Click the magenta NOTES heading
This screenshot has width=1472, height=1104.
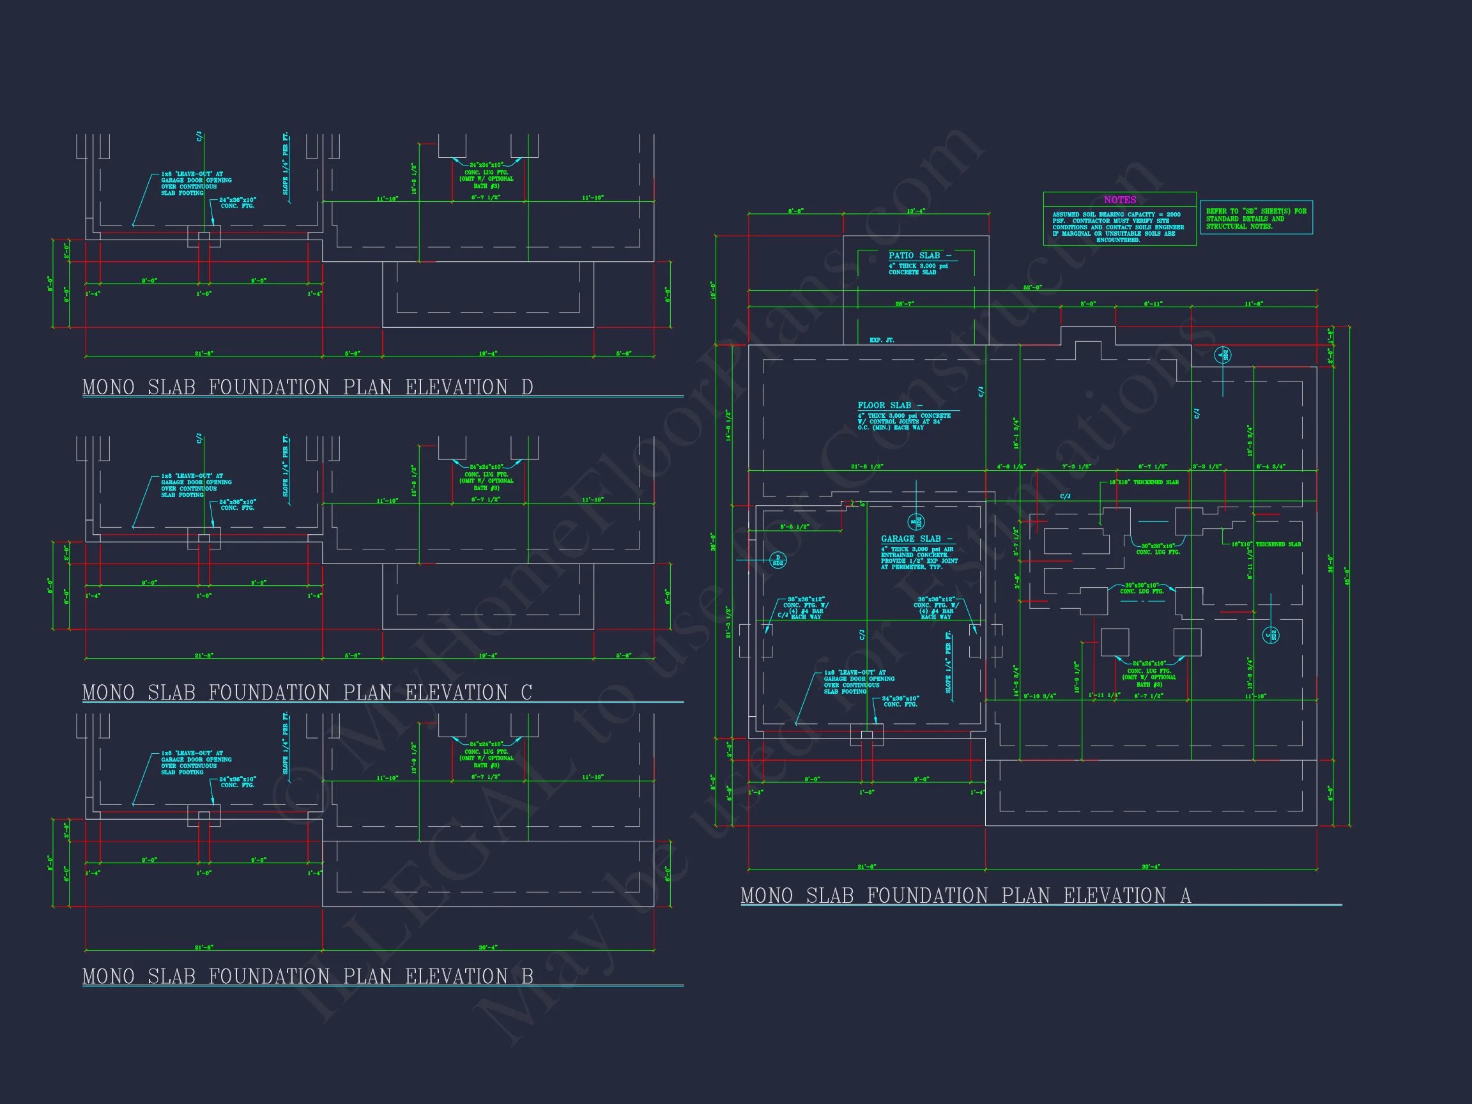pos(1119,199)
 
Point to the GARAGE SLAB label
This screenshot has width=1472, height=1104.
pos(916,539)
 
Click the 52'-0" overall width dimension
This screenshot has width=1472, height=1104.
pos(1032,287)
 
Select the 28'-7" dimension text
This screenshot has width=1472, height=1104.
pos(905,304)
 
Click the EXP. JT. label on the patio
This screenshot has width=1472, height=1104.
pos(882,340)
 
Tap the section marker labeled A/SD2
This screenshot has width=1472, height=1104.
pos(1222,355)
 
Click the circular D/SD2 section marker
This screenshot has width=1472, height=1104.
pos(778,560)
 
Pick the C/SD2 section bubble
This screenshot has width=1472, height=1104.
pos(1271,636)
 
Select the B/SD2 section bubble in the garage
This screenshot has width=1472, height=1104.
pos(916,522)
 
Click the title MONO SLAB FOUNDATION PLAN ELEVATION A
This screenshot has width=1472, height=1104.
pos(965,896)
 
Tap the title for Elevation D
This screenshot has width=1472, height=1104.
pos(307,387)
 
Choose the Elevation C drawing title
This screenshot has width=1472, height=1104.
pos(307,693)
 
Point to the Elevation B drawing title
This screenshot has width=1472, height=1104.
pos(307,976)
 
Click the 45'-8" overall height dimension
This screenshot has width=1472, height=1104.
pos(1347,576)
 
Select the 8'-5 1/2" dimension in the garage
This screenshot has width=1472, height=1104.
pos(795,527)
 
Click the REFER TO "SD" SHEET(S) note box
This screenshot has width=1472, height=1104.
pos(1255,218)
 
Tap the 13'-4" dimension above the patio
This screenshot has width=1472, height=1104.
pos(916,211)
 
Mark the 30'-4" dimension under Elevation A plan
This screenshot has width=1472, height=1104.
pos(1151,866)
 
